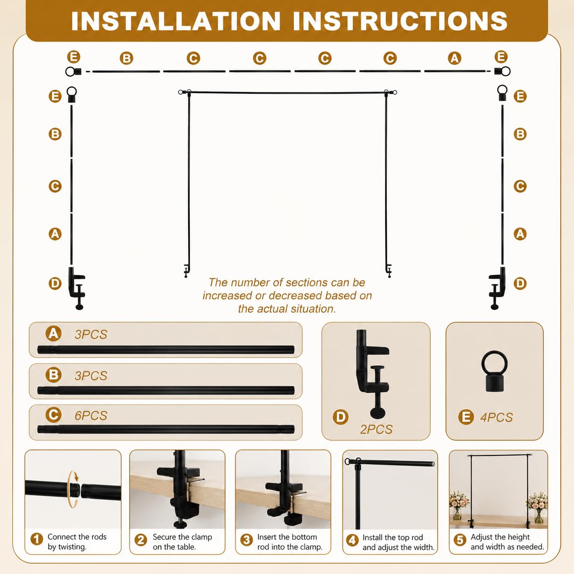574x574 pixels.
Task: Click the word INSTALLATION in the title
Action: click(176, 21)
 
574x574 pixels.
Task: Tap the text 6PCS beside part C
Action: click(91, 416)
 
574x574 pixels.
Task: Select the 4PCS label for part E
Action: click(497, 417)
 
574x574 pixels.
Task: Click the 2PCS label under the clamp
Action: click(376, 429)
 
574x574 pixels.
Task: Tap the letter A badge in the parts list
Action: click(54, 333)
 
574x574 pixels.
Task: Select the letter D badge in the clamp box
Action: click(341, 417)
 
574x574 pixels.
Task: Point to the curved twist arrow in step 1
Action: click(73, 489)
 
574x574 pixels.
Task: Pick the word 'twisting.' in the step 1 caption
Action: click(67, 547)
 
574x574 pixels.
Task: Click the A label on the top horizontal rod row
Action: click(455, 58)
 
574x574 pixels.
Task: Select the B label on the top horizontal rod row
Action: click(126, 58)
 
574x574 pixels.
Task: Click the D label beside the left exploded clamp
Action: click(55, 283)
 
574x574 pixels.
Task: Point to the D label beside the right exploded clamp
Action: click(520, 283)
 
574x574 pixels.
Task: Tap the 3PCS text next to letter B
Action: click(91, 376)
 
